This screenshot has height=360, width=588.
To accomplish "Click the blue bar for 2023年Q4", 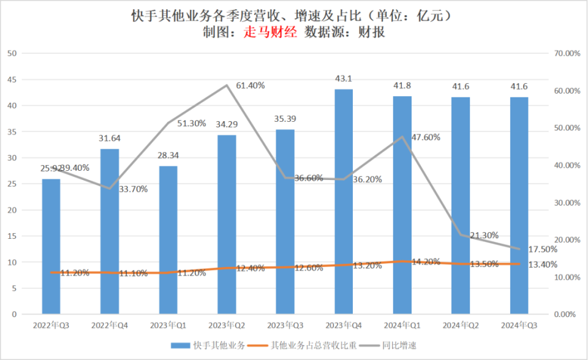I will click(344, 202).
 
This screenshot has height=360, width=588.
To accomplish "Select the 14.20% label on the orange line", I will click(426, 262).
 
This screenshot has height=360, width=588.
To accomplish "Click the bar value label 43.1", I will click(344, 78).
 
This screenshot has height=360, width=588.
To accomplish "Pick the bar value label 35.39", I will click(285, 118).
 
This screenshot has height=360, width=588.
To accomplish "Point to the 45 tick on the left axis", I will click(12, 80).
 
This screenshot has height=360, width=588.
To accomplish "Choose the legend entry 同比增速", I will click(402, 346).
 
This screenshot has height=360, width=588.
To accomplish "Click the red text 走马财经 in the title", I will click(269, 32).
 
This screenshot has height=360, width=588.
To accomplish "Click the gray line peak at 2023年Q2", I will click(227, 85).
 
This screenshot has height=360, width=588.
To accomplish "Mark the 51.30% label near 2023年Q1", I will click(192, 123).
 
